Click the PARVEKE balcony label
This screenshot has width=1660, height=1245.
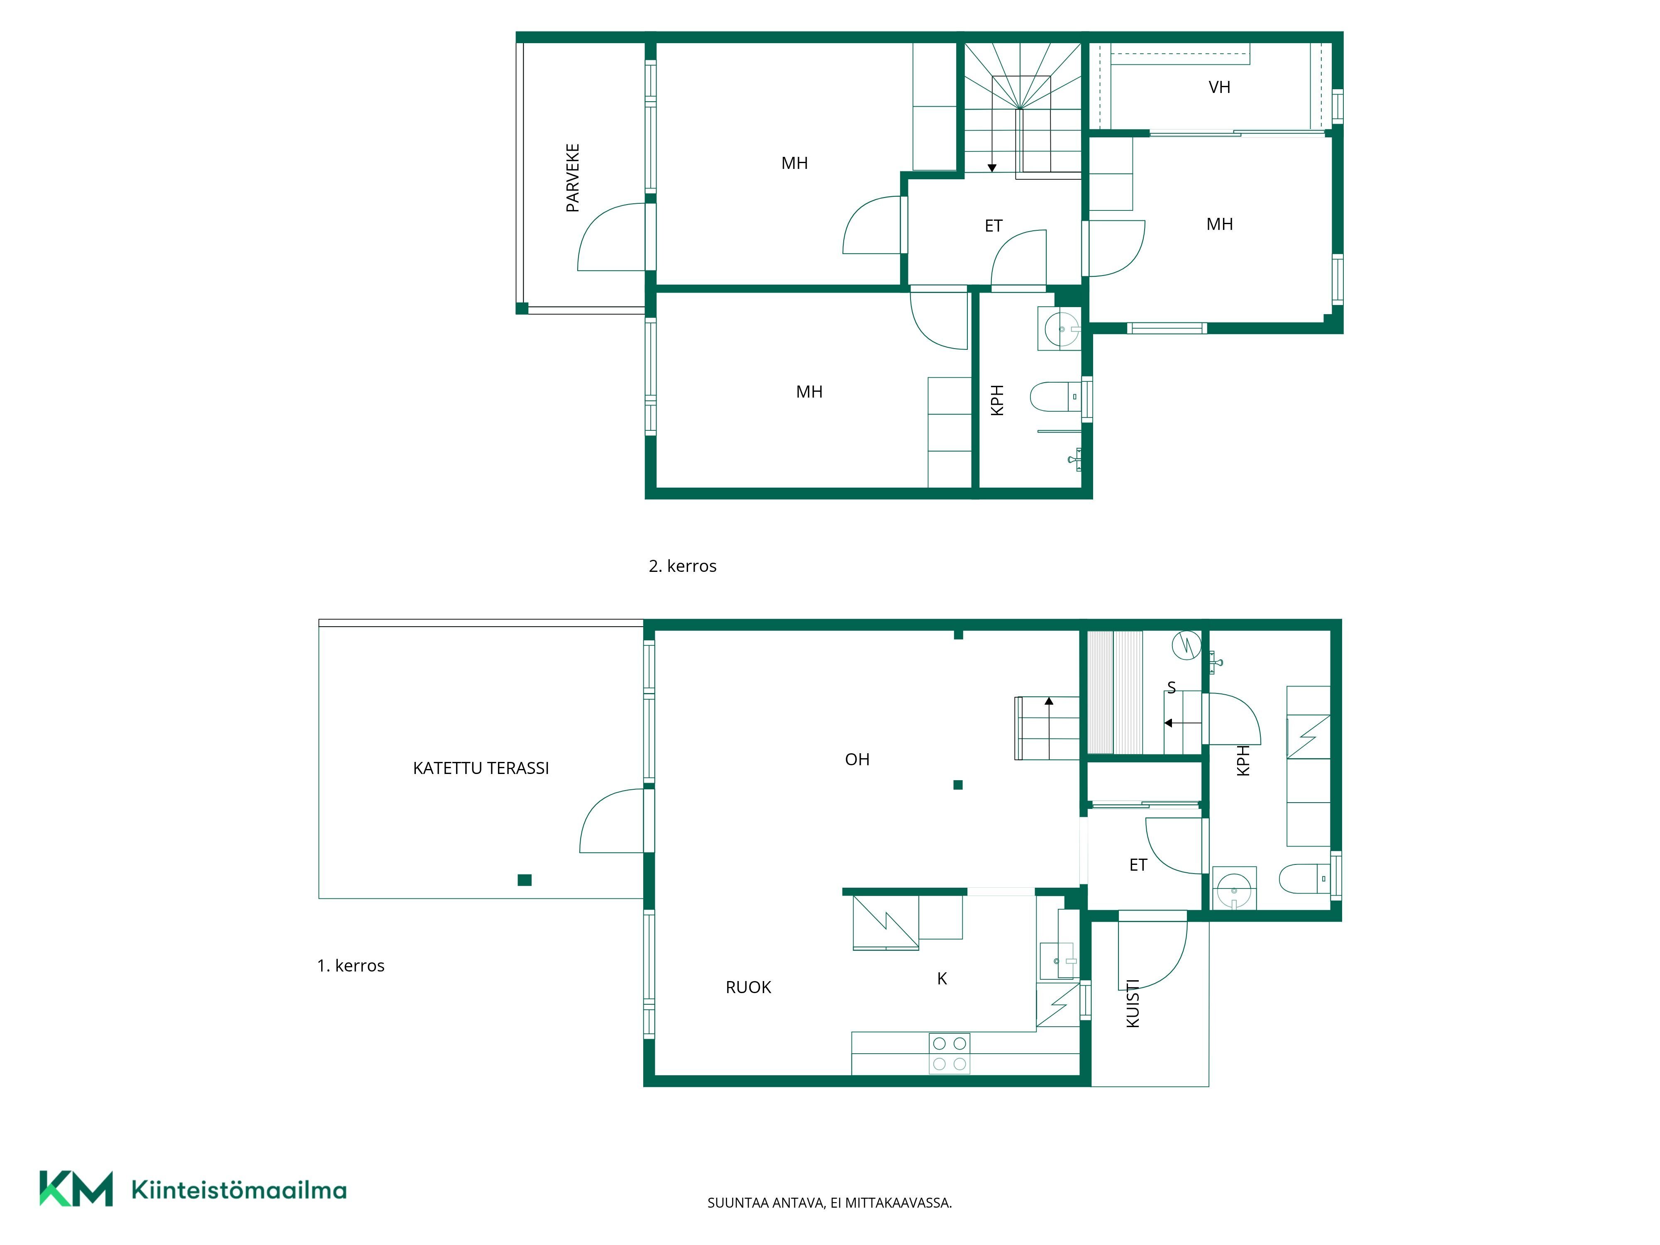pyautogui.click(x=573, y=178)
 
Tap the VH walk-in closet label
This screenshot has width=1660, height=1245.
pyautogui.click(x=1220, y=87)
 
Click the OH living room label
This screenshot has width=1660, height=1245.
pyautogui.click(x=857, y=759)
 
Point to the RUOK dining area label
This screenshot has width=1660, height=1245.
pyautogui.click(x=748, y=988)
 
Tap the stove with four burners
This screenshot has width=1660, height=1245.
pyautogui.click(x=950, y=1054)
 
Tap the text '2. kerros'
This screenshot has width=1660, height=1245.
pyautogui.click(x=682, y=566)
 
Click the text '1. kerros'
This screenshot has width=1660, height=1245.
pyautogui.click(x=350, y=966)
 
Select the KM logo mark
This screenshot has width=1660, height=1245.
pyautogui.click(x=76, y=1189)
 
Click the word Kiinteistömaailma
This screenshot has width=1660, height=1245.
pyautogui.click(x=239, y=1189)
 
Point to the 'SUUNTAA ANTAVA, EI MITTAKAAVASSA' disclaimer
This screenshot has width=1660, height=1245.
pyautogui.click(x=829, y=1203)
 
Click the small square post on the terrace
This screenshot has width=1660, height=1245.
pyautogui.click(x=525, y=880)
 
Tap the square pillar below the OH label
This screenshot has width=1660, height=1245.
pyautogui.click(x=957, y=785)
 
